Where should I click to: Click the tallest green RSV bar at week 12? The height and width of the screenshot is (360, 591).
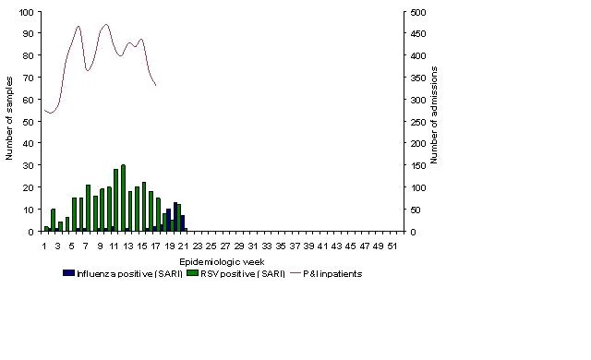pos(123,198)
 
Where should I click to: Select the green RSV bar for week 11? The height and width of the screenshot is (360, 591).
pos(116,200)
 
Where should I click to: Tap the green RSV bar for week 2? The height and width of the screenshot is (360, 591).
pos(54,221)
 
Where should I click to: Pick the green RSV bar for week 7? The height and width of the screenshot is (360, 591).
pos(89,209)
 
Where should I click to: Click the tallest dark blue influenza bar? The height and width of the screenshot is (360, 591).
pos(175,217)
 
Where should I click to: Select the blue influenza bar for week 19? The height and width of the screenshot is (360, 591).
pos(168,220)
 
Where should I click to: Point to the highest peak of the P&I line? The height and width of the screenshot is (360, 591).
pos(106,25)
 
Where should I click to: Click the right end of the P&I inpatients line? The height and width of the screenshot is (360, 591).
pos(156,86)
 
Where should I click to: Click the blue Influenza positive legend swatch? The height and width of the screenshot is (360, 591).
pos(68,273)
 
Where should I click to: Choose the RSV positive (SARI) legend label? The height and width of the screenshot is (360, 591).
pos(243,274)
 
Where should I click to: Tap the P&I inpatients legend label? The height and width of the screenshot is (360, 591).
pos(332,274)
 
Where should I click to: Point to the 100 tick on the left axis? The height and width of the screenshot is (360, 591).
pos(27,12)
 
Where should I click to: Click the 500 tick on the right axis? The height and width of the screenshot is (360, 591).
pos(418,12)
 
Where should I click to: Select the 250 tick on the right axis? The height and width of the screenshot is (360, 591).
pos(418,122)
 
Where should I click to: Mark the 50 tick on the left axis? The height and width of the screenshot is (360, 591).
pos(29,122)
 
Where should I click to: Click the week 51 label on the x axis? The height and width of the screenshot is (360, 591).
pos(392,246)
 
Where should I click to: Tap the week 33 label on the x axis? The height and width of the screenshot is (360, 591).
pos(267,246)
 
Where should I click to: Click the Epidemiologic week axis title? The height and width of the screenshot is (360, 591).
pos(222,262)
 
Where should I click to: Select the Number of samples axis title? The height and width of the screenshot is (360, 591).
pos(9,119)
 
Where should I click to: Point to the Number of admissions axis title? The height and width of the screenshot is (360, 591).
pos(434,114)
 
